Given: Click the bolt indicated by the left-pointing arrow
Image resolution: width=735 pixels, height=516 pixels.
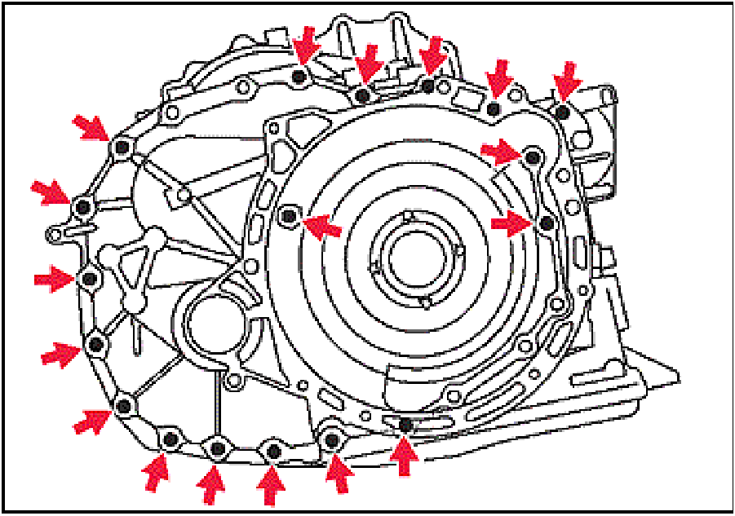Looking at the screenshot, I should point(289,215).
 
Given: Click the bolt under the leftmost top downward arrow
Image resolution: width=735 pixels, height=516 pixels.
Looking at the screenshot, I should point(299,77).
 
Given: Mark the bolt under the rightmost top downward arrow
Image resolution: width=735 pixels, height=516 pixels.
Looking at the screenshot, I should point(562,111).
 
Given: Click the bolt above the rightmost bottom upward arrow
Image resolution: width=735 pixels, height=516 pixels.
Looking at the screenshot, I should point(405,425).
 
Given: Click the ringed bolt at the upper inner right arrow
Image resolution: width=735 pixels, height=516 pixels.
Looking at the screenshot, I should point(533,156).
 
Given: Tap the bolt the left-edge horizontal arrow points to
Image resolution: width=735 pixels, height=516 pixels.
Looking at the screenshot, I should point(90,279).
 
